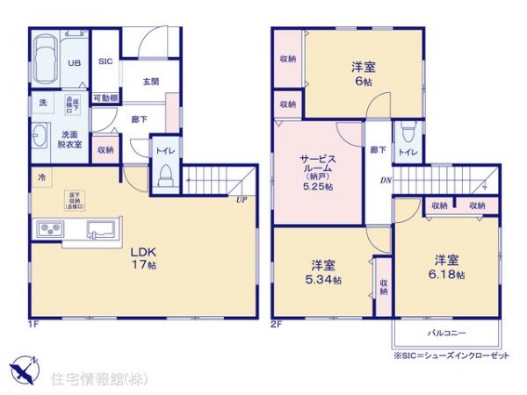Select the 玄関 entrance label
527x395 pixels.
(150, 81)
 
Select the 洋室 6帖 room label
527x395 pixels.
(362, 73)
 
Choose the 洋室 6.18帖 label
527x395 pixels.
(445, 266)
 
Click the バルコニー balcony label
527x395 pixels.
(446, 333)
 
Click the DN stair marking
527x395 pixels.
(386, 182)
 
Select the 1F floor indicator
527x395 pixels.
(32, 325)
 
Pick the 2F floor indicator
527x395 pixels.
(275, 325)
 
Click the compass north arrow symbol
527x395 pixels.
(24, 366)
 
